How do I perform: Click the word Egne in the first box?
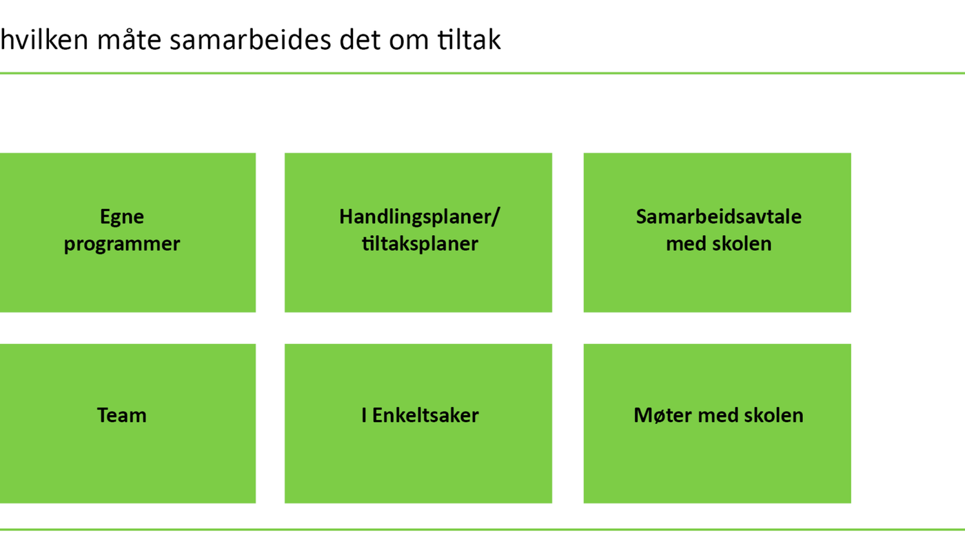(x=122, y=217)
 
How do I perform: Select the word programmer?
(x=122, y=244)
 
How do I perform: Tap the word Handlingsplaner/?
(x=419, y=217)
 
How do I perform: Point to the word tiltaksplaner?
(x=420, y=244)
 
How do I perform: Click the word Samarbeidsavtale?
(x=718, y=217)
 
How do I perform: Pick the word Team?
(x=122, y=415)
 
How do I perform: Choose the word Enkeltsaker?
(x=425, y=415)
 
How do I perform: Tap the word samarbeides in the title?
(x=250, y=40)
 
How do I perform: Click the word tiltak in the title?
(x=469, y=40)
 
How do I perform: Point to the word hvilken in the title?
(x=44, y=39)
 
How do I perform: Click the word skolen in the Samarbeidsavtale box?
(x=742, y=244)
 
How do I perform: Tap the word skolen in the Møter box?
(x=773, y=415)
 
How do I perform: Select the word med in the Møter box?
(x=718, y=415)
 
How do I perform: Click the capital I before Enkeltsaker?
(x=364, y=416)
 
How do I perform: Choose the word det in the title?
(x=360, y=40)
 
